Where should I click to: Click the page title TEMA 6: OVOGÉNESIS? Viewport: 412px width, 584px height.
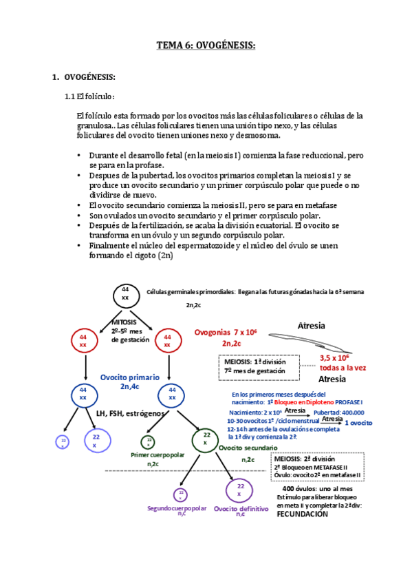(206, 45)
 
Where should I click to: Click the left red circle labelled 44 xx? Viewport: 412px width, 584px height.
(83, 340)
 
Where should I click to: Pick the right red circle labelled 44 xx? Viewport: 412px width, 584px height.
(168, 340)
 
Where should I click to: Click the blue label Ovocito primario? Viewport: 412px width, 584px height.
(130, 377)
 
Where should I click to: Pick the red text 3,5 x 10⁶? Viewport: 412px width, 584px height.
(334, 357)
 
